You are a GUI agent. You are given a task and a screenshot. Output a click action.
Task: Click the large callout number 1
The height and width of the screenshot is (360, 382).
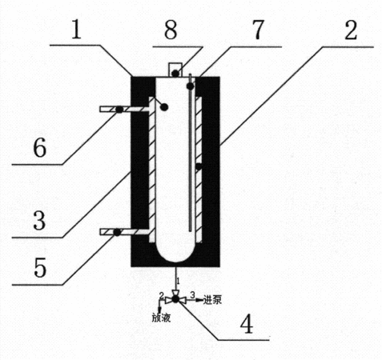point(76,30)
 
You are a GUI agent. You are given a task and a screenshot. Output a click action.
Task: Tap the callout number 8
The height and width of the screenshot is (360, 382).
point(171,30)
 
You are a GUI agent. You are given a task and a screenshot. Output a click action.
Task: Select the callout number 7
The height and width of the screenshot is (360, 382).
point(258,30)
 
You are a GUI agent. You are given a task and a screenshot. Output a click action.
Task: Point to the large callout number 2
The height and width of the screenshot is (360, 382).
point(351,30)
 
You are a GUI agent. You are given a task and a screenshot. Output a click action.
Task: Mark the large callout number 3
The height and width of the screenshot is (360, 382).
point(39,221)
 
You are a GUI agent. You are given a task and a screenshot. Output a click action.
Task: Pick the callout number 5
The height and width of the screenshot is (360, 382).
point(40,268)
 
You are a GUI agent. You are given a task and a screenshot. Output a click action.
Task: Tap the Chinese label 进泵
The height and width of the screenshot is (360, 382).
point(212,300)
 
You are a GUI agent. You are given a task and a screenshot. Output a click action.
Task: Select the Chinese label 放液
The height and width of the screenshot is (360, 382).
point(161,318)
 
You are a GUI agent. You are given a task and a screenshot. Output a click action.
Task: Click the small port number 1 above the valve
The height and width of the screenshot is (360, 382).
point(179,281)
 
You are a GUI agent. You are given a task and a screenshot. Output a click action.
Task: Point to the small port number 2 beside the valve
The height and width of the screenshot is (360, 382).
point(161,295)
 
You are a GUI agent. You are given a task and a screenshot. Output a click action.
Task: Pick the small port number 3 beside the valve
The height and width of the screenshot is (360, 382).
point(193,295)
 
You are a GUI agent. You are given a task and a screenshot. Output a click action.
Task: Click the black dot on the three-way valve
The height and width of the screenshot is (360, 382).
point(175,299)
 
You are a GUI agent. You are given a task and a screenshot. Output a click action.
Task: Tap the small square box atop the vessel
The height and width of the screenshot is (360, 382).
point(175,70)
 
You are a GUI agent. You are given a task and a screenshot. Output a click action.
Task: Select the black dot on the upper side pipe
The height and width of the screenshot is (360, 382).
point(119,110)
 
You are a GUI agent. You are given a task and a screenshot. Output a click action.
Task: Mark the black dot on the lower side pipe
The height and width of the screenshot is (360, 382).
point(117,232)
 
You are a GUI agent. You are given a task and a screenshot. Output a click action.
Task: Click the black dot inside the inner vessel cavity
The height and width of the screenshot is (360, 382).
point(164,107)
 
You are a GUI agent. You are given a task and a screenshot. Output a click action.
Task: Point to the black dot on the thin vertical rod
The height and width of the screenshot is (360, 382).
point(190,86)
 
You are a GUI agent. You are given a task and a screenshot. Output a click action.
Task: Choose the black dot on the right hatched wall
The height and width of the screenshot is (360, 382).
point(199,167)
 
